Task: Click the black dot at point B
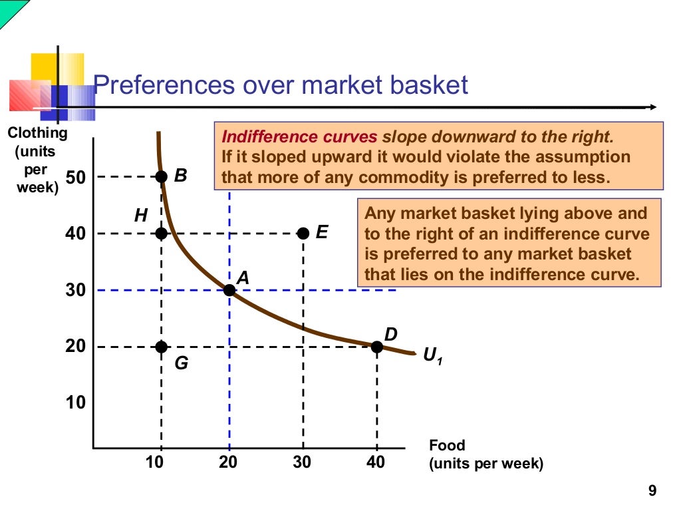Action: (161, 176)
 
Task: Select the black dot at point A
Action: (229, 290)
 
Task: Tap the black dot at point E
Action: (303, 233)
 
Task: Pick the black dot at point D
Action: (377, 347)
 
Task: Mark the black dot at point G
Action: (161, 347)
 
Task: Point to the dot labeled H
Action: (161, 233)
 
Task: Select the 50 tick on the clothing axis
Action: (75, 177)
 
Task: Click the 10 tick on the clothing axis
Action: (75, 403)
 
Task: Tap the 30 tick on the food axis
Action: (302, 462)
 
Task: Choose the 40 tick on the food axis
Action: (376, 462)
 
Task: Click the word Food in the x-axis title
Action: (447, 445)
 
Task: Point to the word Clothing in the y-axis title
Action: (37, 132)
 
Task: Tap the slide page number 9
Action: (652, 492)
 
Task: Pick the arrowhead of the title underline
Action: (654, 107)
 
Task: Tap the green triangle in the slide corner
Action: (10, 10)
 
